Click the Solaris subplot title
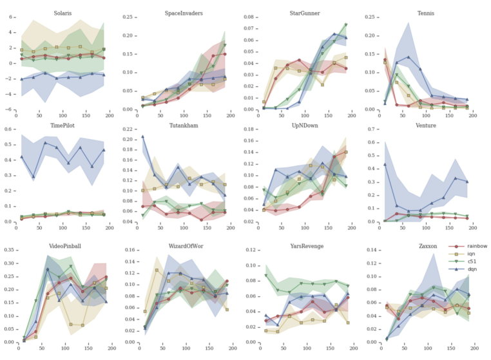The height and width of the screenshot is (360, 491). click(x=63, y=12)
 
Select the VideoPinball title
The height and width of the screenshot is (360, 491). click(x=63, y=245)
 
